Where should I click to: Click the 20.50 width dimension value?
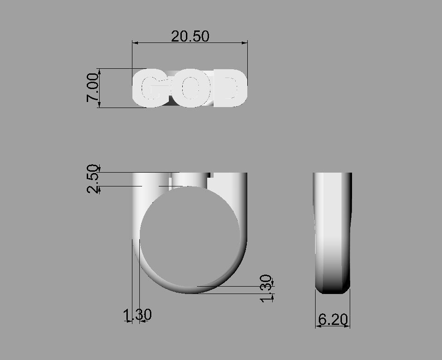190,36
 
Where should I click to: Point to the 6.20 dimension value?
333,319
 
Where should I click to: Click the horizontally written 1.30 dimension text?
137,315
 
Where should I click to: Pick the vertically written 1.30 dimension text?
266,288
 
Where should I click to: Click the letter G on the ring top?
151,88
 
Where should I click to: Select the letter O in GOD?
190,88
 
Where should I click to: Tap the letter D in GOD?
227,88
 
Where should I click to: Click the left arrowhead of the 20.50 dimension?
135,43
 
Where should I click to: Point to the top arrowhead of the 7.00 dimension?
99,71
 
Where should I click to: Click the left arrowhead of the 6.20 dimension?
317,326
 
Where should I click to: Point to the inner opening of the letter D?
227,88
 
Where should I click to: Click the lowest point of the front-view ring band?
190,292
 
